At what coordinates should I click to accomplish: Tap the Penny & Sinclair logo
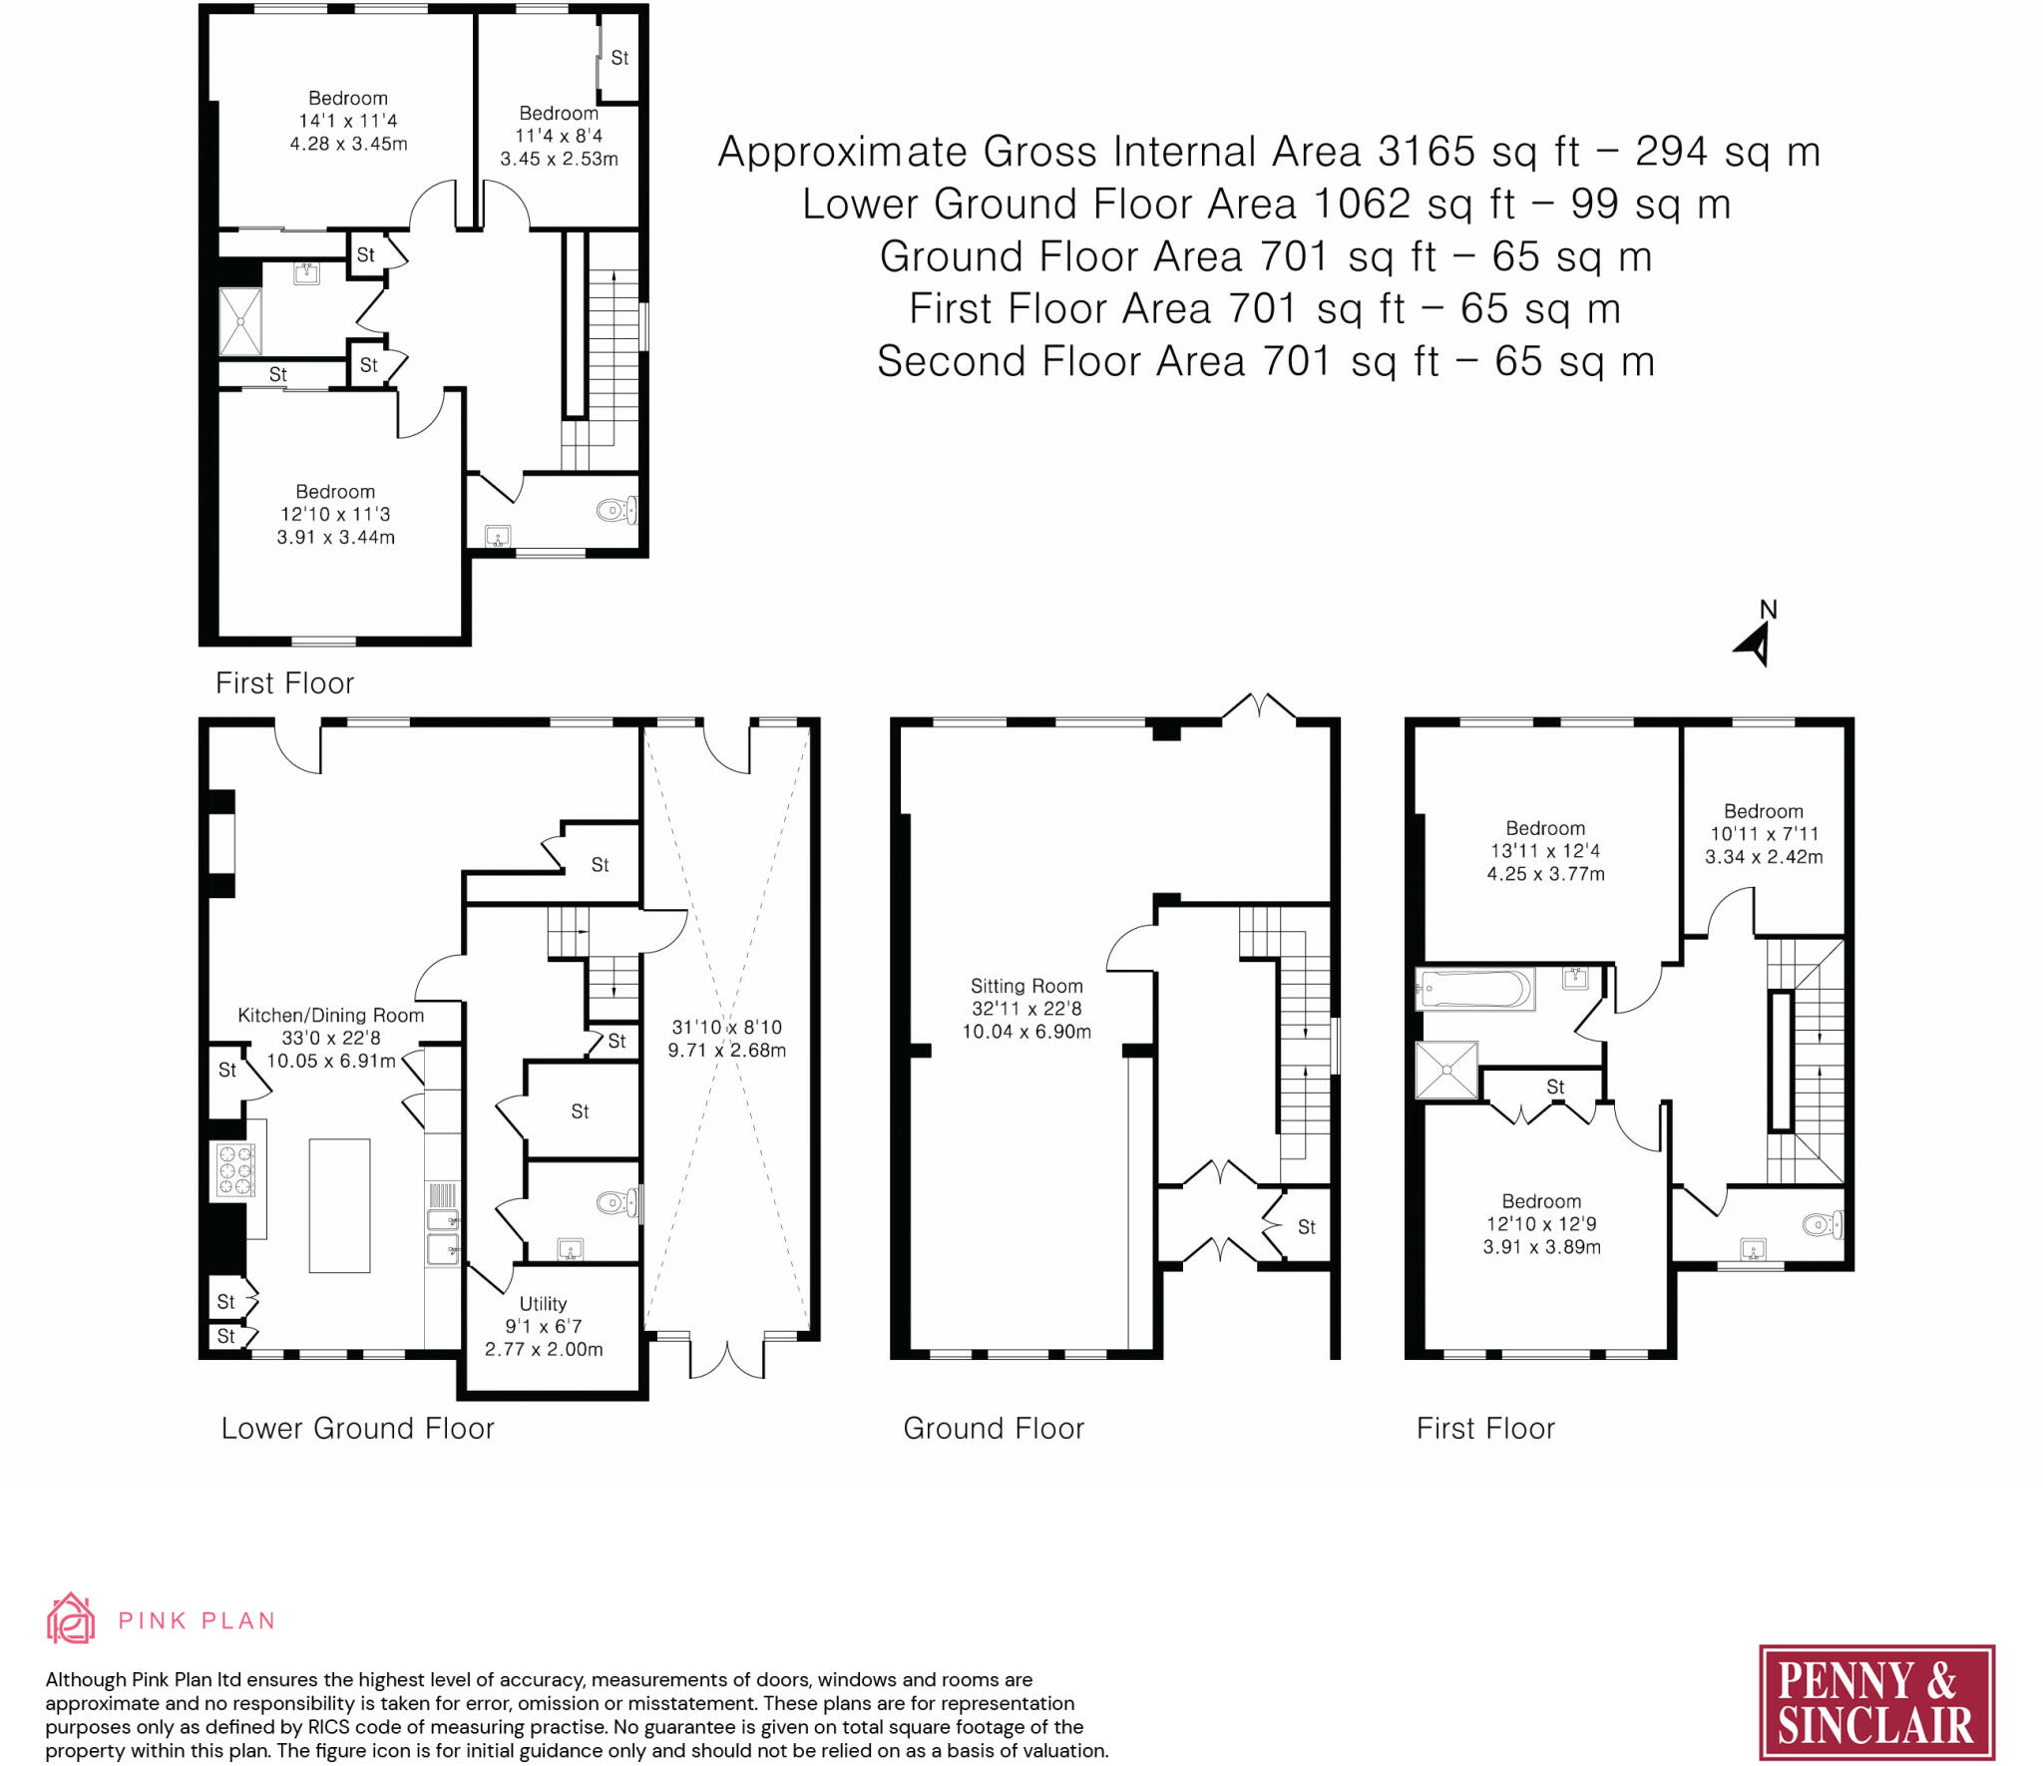click(1876, 1702)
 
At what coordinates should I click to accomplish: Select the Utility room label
click(543, 1304)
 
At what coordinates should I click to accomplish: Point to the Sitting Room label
click(1026, 986)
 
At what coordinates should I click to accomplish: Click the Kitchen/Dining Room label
click(330, 1016)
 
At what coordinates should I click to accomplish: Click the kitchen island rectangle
click(339, 1205)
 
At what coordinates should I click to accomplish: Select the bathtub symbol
click(1473, 989)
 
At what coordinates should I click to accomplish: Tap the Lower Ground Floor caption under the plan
click(357, 1429)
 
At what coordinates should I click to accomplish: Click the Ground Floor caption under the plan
click(994, 1429)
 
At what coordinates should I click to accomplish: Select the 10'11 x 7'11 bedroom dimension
click(1764, 834)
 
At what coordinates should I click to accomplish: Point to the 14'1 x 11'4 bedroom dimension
click(348, 121)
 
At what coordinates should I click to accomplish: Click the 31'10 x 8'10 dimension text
click(726, 1028)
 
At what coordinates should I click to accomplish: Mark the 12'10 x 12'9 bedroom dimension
click(1541, 1224)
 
